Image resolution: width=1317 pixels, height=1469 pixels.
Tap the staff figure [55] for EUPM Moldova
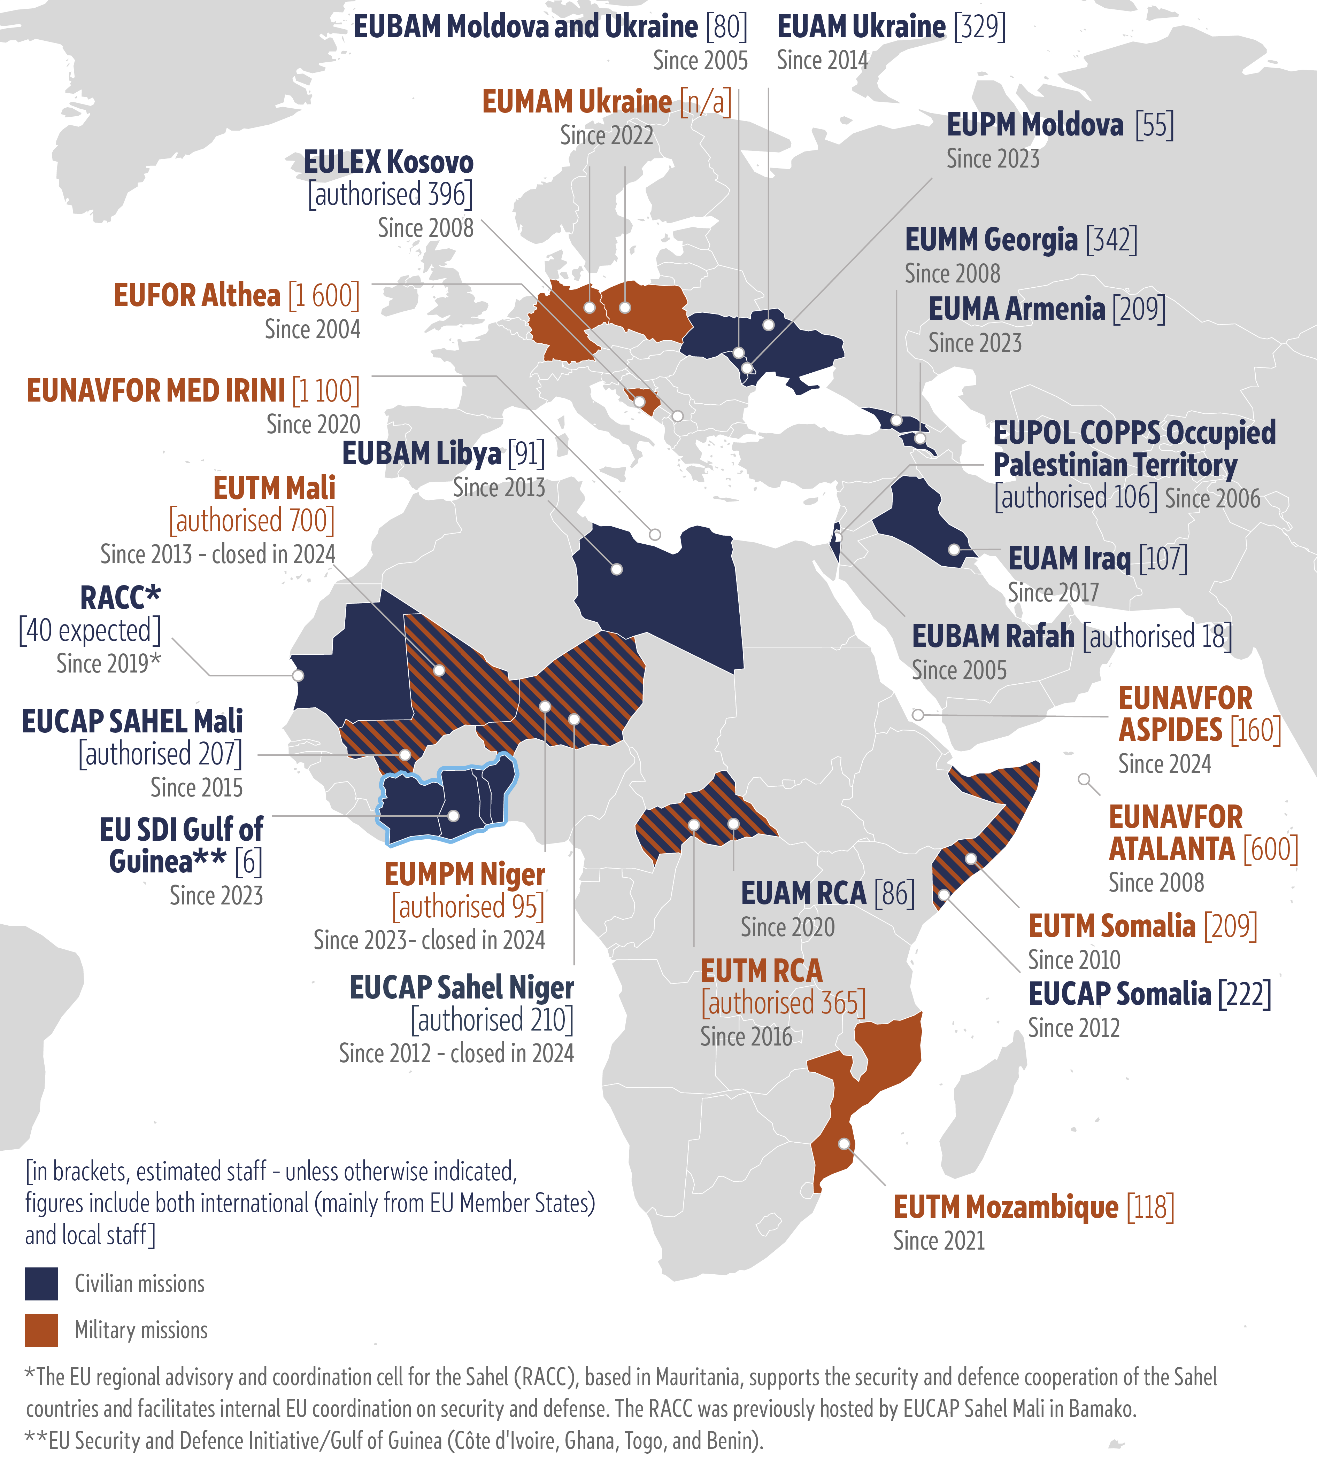pyautogui.click(x=1154, y=125)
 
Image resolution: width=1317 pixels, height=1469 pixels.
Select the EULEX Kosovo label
pyautogui.click(x=388, y=162)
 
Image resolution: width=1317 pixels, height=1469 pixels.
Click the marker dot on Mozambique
pyautogui.click(x=844, y=1143)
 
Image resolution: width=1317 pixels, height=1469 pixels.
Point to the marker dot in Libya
pyautogui.click(x=617, y=569)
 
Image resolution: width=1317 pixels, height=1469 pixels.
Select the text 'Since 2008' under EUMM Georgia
pyautogui.click(x=952, y=273)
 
